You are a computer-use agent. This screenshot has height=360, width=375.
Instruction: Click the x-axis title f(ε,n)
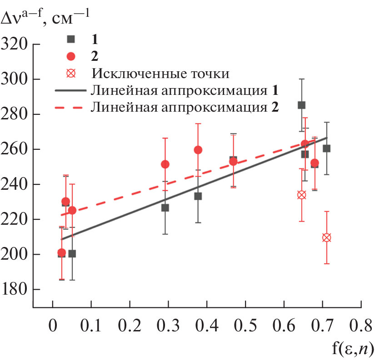pyautogui.click(x=353, y=349)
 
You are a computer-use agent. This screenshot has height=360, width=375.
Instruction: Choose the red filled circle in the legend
pyautogui.click(x=70, y=56)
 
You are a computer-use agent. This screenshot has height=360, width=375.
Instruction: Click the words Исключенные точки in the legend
pyautogui.click(x=160, y=73)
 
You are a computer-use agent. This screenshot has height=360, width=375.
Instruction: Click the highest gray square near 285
pyautogui.click(x=301, y=105)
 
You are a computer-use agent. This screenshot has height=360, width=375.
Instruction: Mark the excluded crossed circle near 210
pyautogui.click(x=326, y=237)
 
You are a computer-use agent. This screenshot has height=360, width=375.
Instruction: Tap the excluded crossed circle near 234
pyautogui.click(x=301, y=195)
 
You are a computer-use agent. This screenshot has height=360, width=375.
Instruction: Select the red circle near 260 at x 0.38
pyautogui.click(x=198, y=150)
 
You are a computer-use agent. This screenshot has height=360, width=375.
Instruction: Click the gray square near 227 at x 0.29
pyautogui.click(x=165, y=207)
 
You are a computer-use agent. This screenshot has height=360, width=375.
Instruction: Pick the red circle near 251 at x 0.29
pyautogui.click(x=165, y=164)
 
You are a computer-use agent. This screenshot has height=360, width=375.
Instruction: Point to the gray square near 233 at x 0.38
pyautogui.click(x=198, y=196)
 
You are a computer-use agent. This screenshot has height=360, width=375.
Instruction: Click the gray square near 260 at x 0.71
pyautogui.click(x=326, y=148)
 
